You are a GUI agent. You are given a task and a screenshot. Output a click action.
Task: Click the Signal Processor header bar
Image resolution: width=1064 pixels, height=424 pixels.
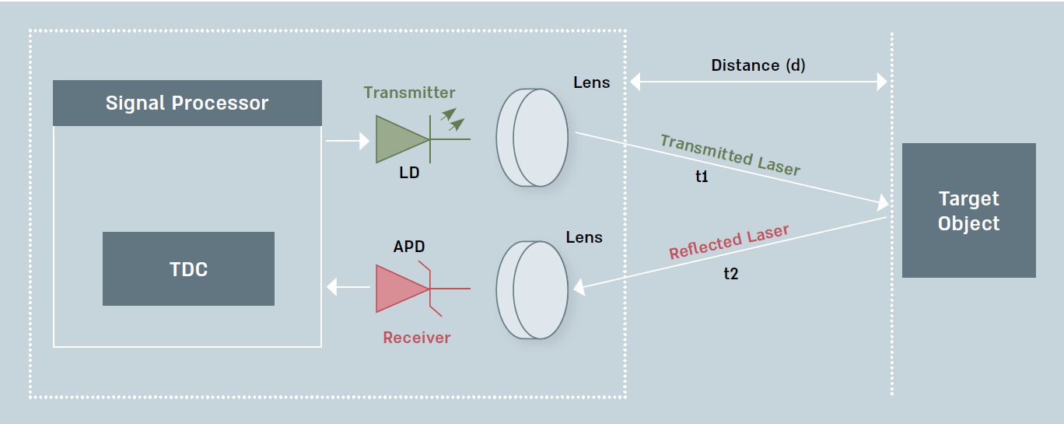click(x=187, y=103)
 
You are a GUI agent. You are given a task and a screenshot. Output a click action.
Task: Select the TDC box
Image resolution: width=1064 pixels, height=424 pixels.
click(x=188, y=268)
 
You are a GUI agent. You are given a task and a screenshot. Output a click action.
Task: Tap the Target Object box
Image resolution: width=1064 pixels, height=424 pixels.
click(x=968, y=210)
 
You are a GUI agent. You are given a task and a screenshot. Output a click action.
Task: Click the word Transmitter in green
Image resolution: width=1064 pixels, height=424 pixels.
click(x=409, y=93)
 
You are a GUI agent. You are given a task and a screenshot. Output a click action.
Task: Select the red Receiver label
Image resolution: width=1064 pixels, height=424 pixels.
click(x=416, y=337)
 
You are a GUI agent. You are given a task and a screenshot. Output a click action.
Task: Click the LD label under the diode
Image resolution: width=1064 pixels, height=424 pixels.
click(x=409, y=173)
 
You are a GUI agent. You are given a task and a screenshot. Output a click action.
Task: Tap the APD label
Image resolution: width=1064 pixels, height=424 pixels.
click(x=409, y=247)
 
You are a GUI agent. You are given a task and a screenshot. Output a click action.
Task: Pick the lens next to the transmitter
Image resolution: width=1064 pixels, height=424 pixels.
click(x=534, y=138)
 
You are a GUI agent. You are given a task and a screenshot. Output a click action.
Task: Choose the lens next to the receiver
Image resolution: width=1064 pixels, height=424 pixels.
click(x=534, y=289)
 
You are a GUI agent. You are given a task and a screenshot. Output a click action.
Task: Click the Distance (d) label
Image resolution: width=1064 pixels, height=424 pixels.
click(x=758, y=65)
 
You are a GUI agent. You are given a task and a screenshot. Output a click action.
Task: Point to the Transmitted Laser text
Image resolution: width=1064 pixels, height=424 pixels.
click(x=730, y=155)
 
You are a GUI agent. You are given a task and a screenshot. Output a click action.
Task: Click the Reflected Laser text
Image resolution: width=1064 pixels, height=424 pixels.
click(x=729, y=242)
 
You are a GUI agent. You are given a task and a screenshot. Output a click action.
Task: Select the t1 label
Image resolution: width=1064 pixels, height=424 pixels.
click(x=702, y=177)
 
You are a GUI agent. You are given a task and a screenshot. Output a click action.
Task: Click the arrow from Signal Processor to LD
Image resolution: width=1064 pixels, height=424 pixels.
click(x=347, y=141)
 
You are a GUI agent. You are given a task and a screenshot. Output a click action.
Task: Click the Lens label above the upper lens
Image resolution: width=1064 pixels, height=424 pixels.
click(x=592, y=82)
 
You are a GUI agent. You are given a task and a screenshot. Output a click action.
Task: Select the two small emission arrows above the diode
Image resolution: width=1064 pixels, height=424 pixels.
click(x=452, y=118)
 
